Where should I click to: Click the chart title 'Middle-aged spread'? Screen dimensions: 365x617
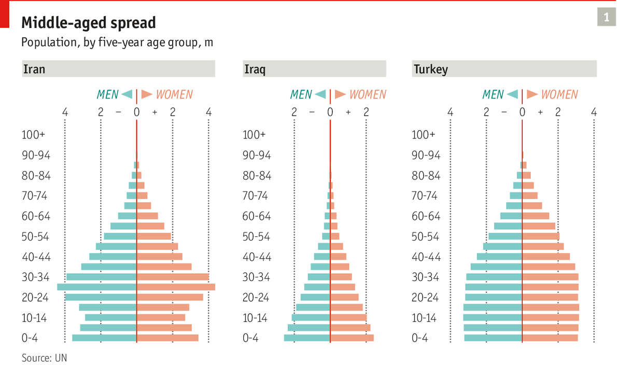tap(88, 23)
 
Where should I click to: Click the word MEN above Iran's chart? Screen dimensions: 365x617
tap(107, 94)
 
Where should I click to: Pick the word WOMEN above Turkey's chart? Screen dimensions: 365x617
tap(559, 94)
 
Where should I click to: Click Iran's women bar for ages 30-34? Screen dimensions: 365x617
tap(173, 277)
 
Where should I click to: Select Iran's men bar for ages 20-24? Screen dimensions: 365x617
tap(101, 297)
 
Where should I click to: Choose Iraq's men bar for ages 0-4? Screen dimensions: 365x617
tap(307, 338)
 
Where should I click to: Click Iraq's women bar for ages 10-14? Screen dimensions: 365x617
tap(348, 317)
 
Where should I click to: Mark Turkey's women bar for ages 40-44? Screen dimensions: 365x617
tap(546, 257)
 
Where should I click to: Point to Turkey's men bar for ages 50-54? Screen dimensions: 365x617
tap(505, 236)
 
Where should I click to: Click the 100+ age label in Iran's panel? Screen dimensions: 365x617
tap(33, 135)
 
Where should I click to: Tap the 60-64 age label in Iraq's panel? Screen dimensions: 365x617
tap(257, 216)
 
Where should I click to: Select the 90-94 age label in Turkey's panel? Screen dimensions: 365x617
tap(426, 155)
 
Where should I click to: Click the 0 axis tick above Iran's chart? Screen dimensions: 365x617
tap(136, 112)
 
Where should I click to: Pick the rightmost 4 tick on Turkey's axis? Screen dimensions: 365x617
tap(594, 112)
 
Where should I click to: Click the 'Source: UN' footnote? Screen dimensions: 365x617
tap(44, 358)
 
